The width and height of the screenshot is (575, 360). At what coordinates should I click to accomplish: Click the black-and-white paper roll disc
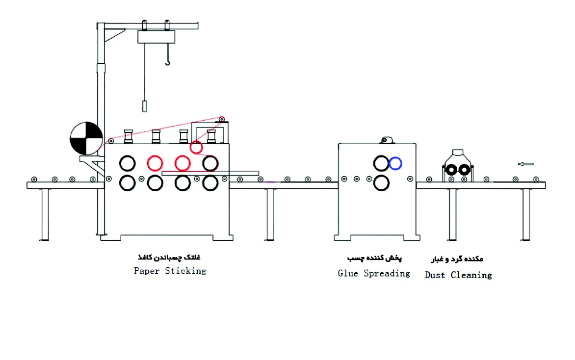tap(86, 138)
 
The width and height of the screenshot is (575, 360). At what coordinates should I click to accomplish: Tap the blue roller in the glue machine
tap(395, 163)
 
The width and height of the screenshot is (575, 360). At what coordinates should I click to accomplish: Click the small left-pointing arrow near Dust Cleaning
tap(525, 164)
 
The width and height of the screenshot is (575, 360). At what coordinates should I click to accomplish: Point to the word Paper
tap(147, 271)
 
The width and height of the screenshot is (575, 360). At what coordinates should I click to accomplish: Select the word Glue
tap(348, 273)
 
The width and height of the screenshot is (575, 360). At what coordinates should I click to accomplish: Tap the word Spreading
tap(387, 274)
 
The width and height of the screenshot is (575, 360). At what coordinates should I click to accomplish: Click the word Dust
tap(435, 275)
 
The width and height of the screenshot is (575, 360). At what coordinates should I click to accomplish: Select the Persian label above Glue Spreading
tap(374, 258)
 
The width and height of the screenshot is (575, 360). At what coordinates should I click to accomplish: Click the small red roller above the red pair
tap(196, 147)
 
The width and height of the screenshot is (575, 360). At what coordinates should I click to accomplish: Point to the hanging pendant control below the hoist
tap(145, 106)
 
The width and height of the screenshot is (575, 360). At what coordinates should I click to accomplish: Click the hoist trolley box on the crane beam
tap(157, 37)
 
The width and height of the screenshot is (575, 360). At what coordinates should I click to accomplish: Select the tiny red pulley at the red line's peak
tap(222, 119)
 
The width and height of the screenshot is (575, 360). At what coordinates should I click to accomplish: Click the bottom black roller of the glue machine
tap(381, 183)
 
